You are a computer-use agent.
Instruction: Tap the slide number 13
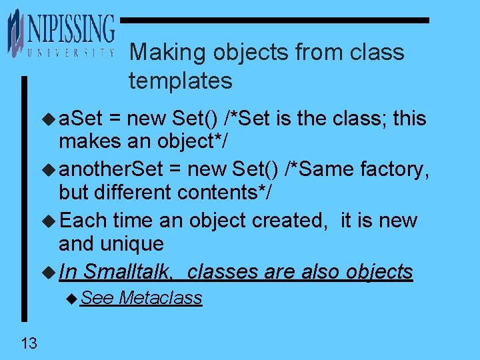(x=29, y=344)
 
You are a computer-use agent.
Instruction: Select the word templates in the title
(x=181, y=81)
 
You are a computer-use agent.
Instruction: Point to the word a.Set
(x=81, y=119)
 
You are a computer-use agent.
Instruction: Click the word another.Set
(x=111, y=169)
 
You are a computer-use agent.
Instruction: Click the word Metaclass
(x=161, y=298)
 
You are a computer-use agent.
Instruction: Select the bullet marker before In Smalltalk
(x=51, y=272)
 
